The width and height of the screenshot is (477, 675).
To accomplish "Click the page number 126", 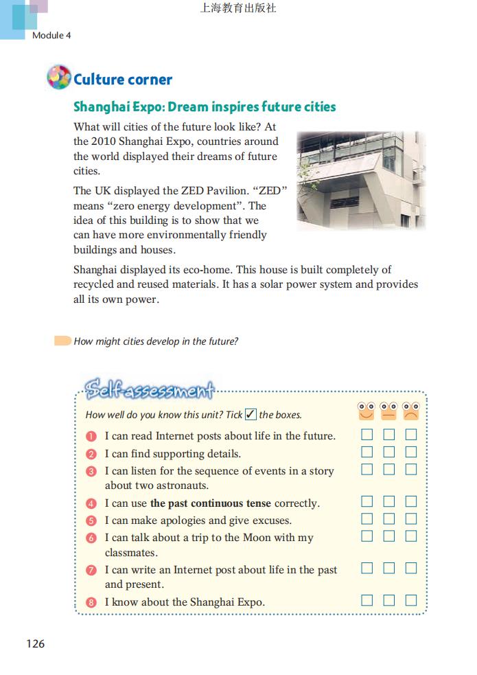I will click(x=35, y=643).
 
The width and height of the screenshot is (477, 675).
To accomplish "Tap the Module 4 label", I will click(x=51, y=35).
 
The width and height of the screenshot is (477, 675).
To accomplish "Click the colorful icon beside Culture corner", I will click(x=59, y=78).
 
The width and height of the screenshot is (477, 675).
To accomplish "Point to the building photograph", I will click(x=361, y=180).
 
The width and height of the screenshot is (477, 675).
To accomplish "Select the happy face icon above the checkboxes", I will click(x=367, y=411).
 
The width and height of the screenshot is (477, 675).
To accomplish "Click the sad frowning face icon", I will click(x=410, y=411).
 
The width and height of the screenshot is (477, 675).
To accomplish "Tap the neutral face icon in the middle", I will click(x=388, y=411).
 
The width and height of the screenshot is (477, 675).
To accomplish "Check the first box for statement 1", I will click(x=367, y=434).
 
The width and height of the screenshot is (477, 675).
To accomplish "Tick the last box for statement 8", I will click(x=411, y=600).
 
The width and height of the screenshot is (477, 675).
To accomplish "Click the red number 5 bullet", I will click(x=91, y=520).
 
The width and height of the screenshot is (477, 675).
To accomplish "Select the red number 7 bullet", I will click(x=91, y=570).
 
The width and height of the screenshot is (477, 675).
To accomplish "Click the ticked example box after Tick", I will click(x=251, y=414).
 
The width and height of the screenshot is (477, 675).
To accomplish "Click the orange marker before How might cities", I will click(x=62, y=341).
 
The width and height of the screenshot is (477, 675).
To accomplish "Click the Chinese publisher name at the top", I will click(x=238, y=9).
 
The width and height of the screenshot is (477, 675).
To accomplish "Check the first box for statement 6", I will click(x=367, y=536).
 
